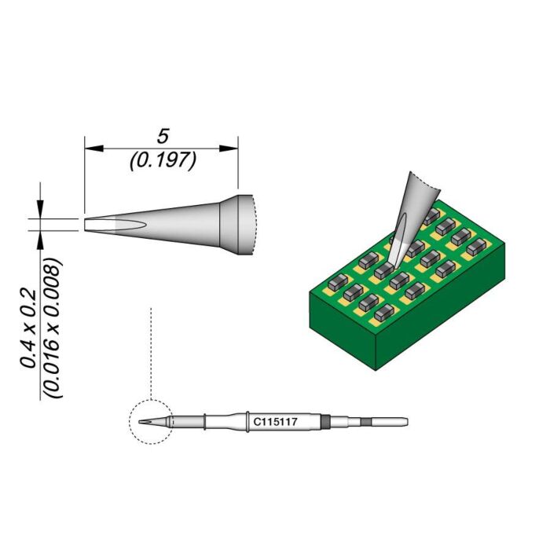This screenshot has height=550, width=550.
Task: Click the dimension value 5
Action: [x=163, y=134]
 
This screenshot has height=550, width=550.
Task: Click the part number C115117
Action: [x=273, y=422]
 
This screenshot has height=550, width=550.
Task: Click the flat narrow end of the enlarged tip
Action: [x=86, y=223]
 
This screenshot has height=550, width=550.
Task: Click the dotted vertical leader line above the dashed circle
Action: [x=150, y=354]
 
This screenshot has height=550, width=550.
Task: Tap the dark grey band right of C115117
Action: [x=324, y=422]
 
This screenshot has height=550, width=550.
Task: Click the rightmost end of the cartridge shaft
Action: [x=405, y=422]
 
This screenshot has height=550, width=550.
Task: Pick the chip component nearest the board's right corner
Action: [x=474, y=247]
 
